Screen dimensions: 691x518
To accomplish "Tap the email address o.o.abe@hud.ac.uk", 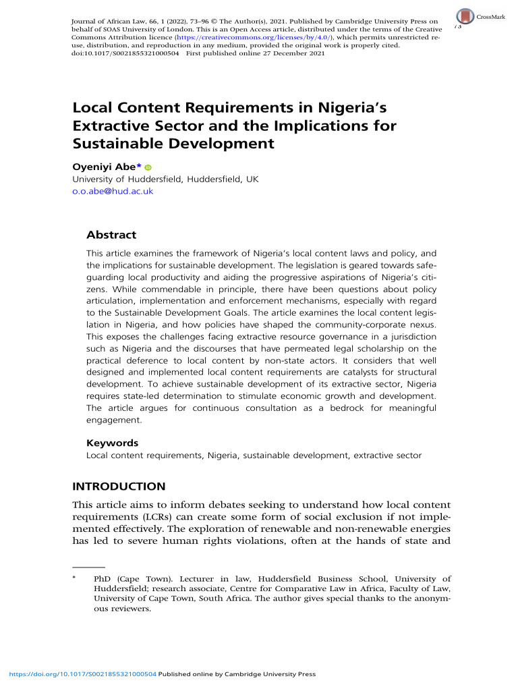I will [x=113, y=191].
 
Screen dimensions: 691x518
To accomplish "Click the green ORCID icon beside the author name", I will [x=148, y=167].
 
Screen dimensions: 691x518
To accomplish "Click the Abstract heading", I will [x=111, y=235].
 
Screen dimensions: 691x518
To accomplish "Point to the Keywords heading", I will [x=113, y=443].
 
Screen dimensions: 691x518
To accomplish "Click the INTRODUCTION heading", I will [x=118, y=487].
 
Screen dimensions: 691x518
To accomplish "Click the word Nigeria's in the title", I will [x=351, y=108].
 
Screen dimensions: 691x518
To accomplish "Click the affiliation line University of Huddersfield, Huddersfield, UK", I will [x=165, y=179].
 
